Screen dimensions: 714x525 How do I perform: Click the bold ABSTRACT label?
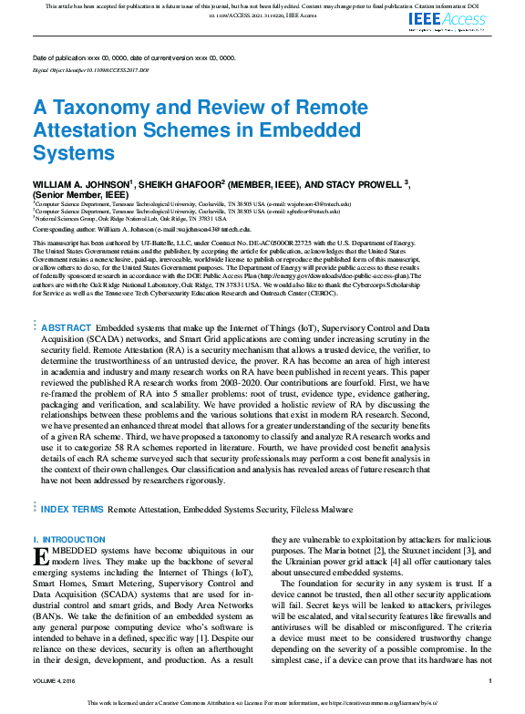(67, 327)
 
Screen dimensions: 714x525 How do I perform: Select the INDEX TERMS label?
(73, 509)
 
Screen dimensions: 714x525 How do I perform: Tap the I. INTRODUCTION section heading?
(69, 540)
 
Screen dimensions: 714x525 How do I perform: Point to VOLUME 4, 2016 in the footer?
(58, 680)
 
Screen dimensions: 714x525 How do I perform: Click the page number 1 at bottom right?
(489, 680)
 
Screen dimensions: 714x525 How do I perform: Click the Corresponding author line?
(141, 230)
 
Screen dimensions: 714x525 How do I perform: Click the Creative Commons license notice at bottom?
(262, 703)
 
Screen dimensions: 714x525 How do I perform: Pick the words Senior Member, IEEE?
(72, 195)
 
